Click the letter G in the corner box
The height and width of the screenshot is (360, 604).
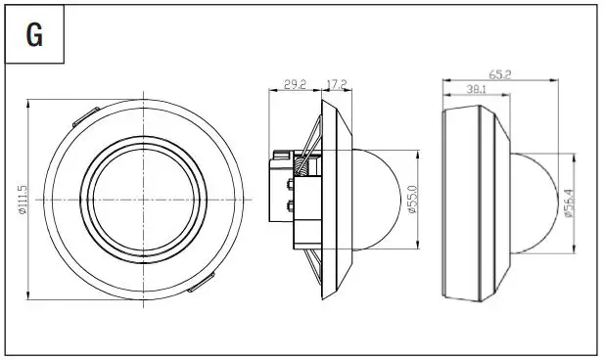point(34,34)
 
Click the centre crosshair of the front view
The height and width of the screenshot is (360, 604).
point(144,200)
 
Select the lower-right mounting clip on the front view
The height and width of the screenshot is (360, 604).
point(202,285)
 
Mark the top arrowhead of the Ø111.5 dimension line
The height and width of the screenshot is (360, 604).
point(30,101)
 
